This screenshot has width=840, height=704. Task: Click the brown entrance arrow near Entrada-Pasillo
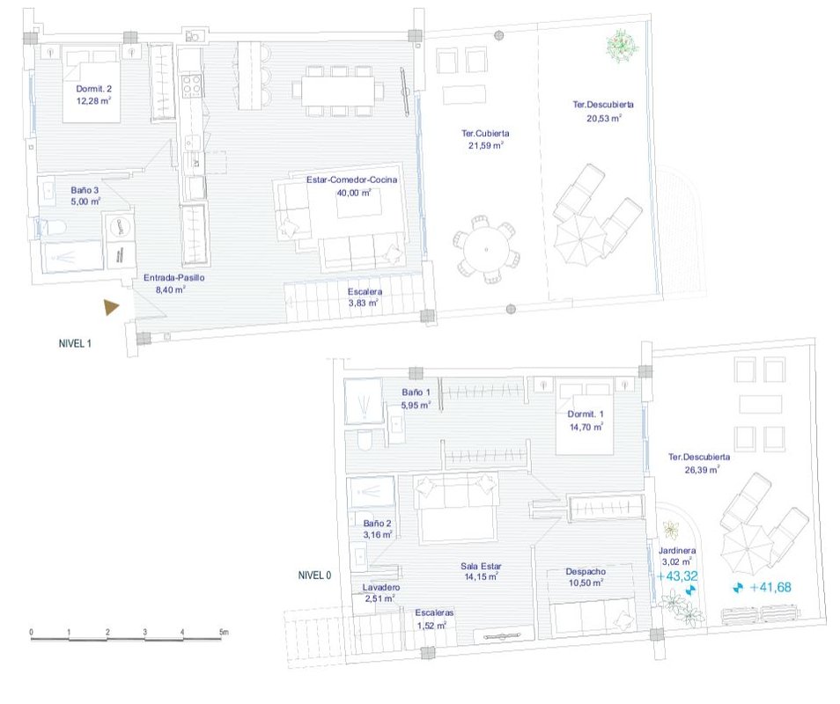click(111, 307)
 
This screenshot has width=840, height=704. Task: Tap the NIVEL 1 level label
click(70, 344)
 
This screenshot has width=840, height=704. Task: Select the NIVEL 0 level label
click(315, 576)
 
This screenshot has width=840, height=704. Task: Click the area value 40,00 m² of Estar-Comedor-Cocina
click(352, 193)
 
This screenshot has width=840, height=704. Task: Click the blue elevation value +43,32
click(677, 576)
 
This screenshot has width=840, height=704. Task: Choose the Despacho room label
click(586, 571)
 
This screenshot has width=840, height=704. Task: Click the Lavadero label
click(381, 587)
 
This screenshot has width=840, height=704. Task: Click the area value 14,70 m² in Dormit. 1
click(586, 427)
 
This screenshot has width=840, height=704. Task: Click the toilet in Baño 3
click(54, 229)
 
